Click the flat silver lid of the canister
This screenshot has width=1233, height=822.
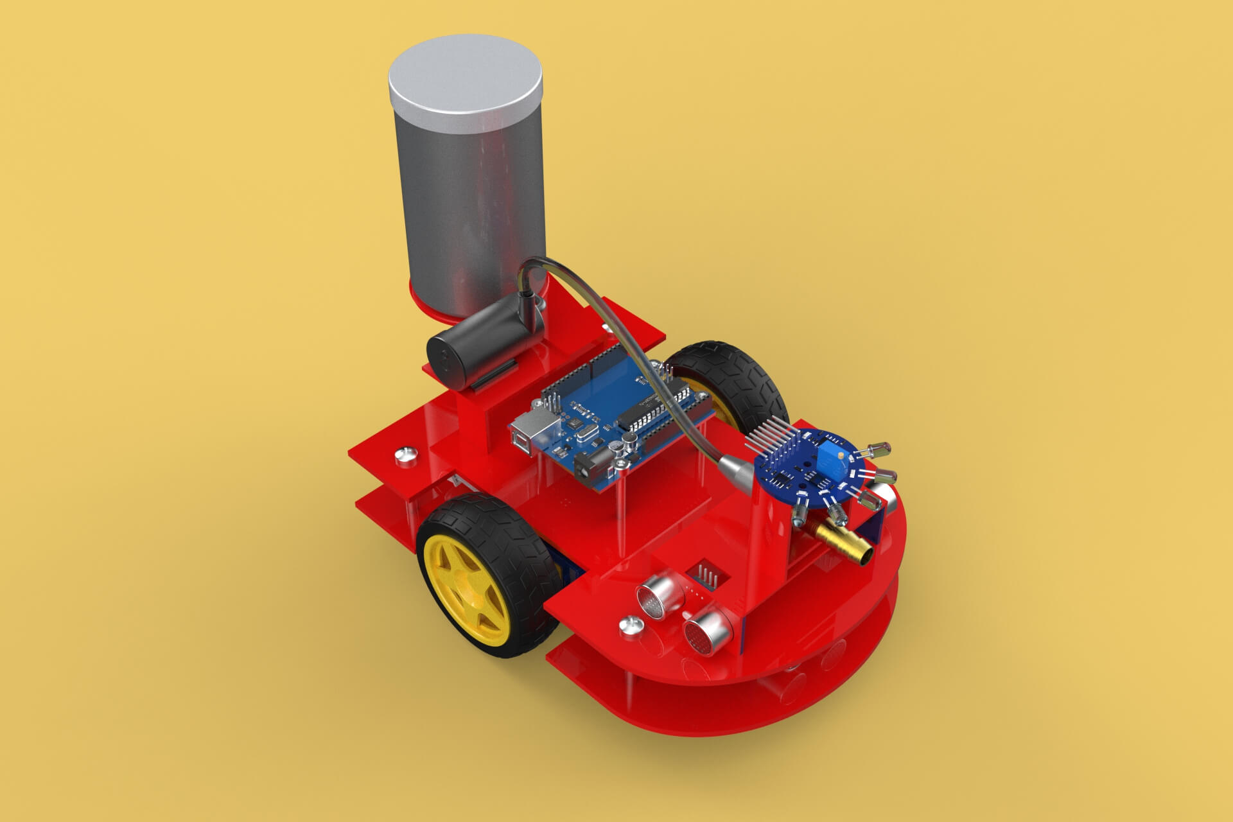coord(465,80)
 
